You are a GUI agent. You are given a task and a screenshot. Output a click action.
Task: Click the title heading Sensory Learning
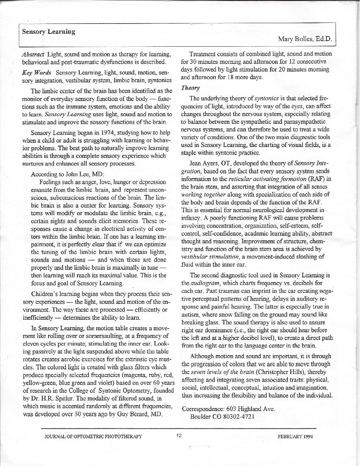(49, 32)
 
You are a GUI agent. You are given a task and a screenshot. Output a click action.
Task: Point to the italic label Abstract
(33, 54)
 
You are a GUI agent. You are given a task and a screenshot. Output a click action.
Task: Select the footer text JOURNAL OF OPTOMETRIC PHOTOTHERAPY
(94, 436)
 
